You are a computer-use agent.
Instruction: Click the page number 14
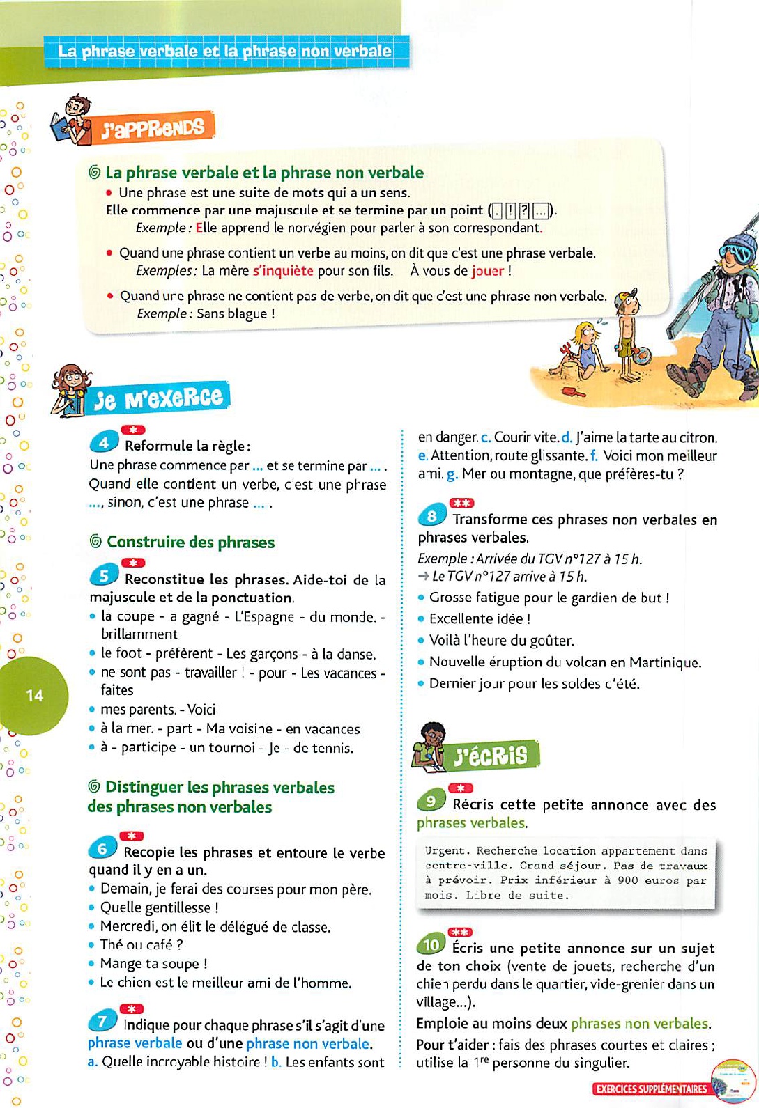pyautogui.click(x=34, y=695)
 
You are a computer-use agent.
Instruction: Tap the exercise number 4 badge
pyautogui.click(x=103, y=442)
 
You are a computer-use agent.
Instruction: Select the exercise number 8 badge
pyautogui.click(x=431, y=516)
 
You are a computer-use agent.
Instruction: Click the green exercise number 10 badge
pyautogui.click(x=431, y=944)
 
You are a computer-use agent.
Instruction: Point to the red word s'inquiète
pyautogui.click(x=283, y=271)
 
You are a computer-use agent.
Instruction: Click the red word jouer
pyautogui.click(x=488, y=271)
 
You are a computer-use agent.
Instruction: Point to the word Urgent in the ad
pyautogui.click(x=447, y=850)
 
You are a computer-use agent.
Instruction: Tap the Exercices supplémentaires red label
pyautogui.click(x=650, y=1089)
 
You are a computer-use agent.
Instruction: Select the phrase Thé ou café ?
pyautogui.click(x=141, y=945)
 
